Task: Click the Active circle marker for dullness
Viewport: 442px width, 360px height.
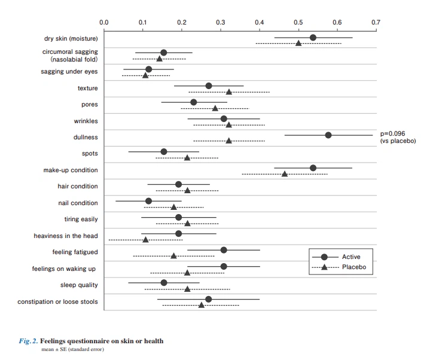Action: pos(328,135)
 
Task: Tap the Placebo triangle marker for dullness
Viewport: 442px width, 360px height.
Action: pos(228,141)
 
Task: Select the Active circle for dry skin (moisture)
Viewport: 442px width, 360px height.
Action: pos(313,38)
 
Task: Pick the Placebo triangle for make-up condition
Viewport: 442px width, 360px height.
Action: pos(285,174)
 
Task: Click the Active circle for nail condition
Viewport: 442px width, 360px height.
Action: pos(149,200)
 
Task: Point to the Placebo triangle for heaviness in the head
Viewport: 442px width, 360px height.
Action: pos(145,240)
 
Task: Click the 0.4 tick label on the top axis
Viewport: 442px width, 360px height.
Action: pos(260,22)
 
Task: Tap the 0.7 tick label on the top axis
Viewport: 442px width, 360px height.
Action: pos(376,22)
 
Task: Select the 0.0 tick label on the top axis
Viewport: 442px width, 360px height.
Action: pos(104,22)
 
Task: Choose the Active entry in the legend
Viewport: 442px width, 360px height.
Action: pos(350,257)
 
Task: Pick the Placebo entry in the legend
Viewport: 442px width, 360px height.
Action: pos(353,267)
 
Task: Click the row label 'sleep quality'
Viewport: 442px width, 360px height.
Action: pos(79,285)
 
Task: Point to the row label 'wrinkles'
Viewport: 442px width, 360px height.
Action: pos(86,121)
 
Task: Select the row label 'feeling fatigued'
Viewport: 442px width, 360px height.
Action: pos(75,252)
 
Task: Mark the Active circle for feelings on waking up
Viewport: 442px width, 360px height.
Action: pos(224,266)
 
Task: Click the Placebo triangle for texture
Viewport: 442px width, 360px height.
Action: pos(228,92)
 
